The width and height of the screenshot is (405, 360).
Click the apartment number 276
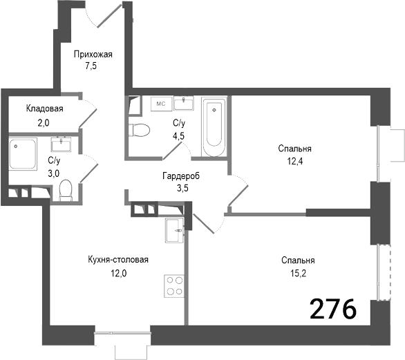(333, 308)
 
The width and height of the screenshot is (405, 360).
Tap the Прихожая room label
(93, 55)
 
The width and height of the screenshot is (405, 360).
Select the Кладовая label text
(45, 108)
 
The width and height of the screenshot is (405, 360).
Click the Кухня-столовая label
(119, 260)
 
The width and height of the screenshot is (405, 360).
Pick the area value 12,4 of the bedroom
(295, 162)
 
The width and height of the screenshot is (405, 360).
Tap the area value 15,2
(298, 274)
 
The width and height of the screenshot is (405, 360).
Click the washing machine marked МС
(160, 104)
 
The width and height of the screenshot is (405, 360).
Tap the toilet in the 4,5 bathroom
(141, 129)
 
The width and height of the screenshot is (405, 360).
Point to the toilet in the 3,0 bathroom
(66, 190)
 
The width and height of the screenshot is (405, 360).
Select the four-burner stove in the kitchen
(174, 285)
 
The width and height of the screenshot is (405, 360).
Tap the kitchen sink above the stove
(175, 230)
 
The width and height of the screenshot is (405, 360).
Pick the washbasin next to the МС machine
(183, 103)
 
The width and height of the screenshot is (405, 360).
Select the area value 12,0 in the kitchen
(119, 273)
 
